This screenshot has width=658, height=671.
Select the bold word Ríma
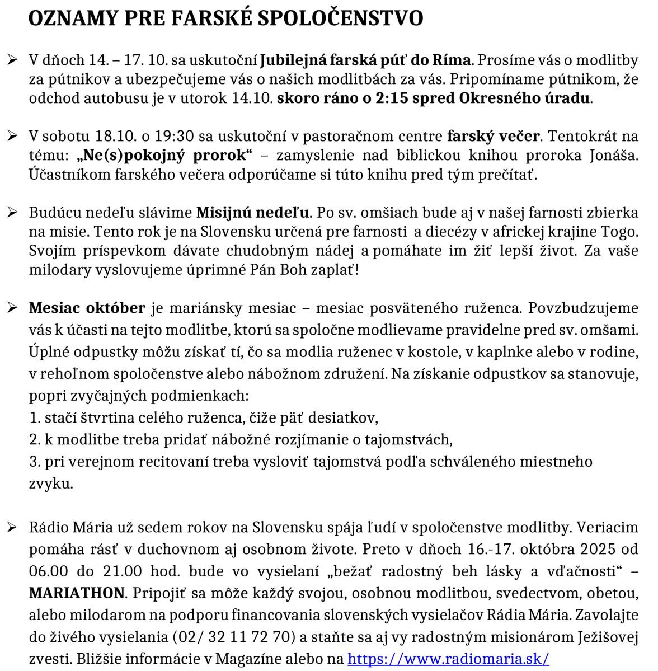454,60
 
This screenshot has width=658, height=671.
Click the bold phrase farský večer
493,137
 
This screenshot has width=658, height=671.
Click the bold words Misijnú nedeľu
252,213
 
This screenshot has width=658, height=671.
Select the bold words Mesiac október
87,308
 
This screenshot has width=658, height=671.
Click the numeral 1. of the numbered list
34,417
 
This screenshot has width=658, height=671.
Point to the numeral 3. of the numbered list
34,462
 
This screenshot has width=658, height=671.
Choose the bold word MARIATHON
77,593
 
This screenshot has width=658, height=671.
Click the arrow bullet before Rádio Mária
12,528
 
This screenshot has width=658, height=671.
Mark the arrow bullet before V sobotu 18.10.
12,137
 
